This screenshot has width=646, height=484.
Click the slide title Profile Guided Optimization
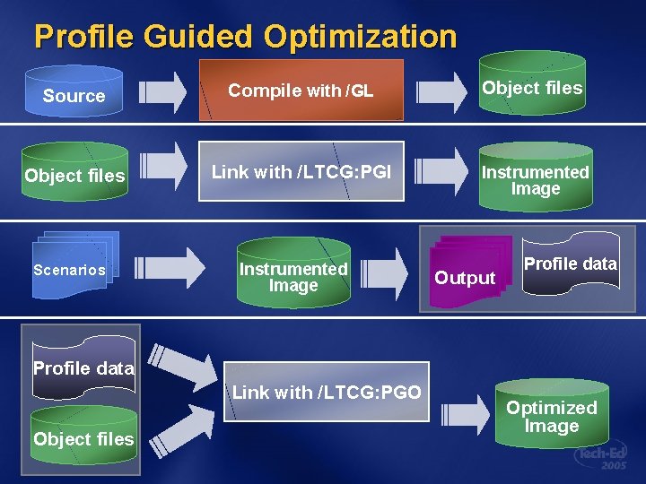(245, 37)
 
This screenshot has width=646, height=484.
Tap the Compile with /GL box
(301, 91)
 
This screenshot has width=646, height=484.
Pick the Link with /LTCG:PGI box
(301, 171)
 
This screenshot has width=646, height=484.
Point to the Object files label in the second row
(74, 176)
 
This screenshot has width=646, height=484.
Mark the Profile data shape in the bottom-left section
(83, 367)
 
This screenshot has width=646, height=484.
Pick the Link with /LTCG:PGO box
(327, 392)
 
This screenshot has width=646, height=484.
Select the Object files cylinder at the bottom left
(83, 439)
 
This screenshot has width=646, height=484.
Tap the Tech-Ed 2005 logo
(602, 458)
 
